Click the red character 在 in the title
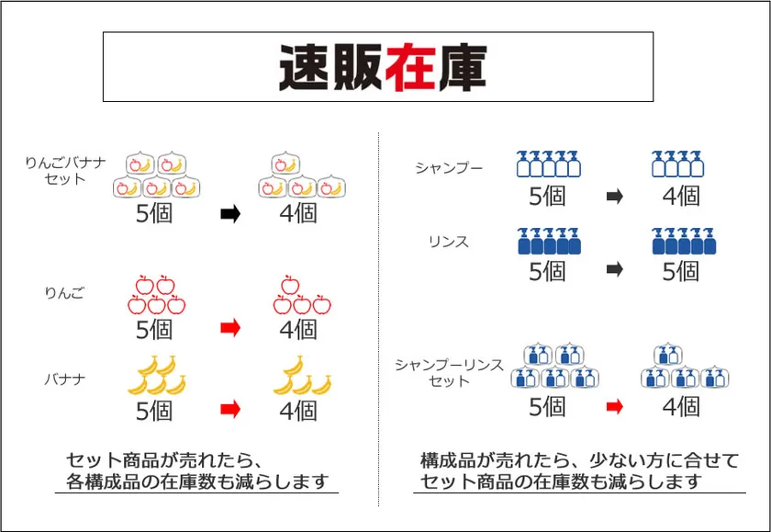click(411, 67)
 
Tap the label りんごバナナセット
click(65, 170)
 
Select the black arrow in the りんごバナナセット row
click(230, 213)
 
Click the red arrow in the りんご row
click(230, 328)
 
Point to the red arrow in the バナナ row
click(230, 409)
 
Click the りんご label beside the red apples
click(64, 293)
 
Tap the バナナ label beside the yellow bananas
click(65, 379)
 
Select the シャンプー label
click(449, 168)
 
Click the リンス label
click(449, 242)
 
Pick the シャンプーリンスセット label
click(449, 372)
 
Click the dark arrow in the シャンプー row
click(615, 197)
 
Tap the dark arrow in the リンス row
click(615, 269)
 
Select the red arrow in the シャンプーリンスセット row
click(615, 406)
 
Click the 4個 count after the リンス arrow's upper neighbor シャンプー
click(681, 197)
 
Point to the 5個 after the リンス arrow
click(681, 271)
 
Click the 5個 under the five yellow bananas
click(154, 411)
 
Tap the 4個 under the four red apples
click(298, 329)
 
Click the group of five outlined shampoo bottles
click(548, 164)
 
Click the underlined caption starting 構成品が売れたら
click(579, 471)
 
